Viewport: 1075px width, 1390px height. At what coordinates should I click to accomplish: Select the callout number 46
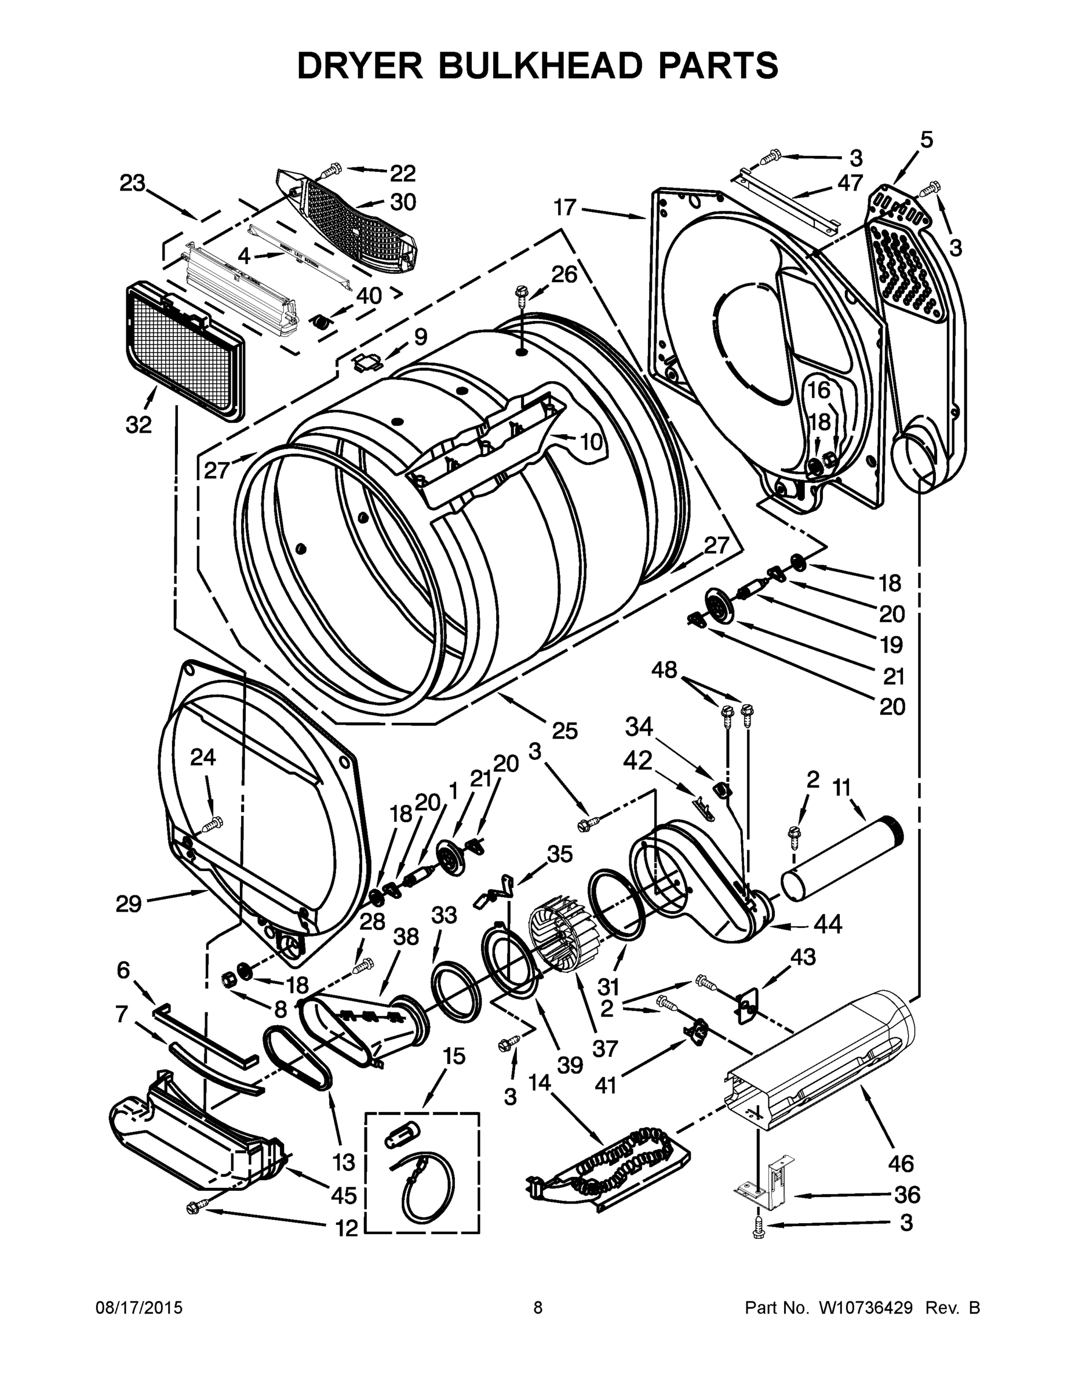tap(901, 1164)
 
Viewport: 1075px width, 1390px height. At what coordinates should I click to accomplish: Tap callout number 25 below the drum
tap(564, 731)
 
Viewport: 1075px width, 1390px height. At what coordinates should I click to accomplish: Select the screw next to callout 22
tap(332, 170)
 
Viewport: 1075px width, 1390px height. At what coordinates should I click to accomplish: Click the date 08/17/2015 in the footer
tap(139, 1307)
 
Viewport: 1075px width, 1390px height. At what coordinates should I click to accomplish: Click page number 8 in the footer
tap(538, 1307)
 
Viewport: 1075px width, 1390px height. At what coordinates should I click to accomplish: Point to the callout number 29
tap(129, 904)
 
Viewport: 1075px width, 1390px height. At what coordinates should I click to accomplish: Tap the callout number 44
tap(828, 925)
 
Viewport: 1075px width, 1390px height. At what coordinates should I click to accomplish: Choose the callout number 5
tap(926, 140)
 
